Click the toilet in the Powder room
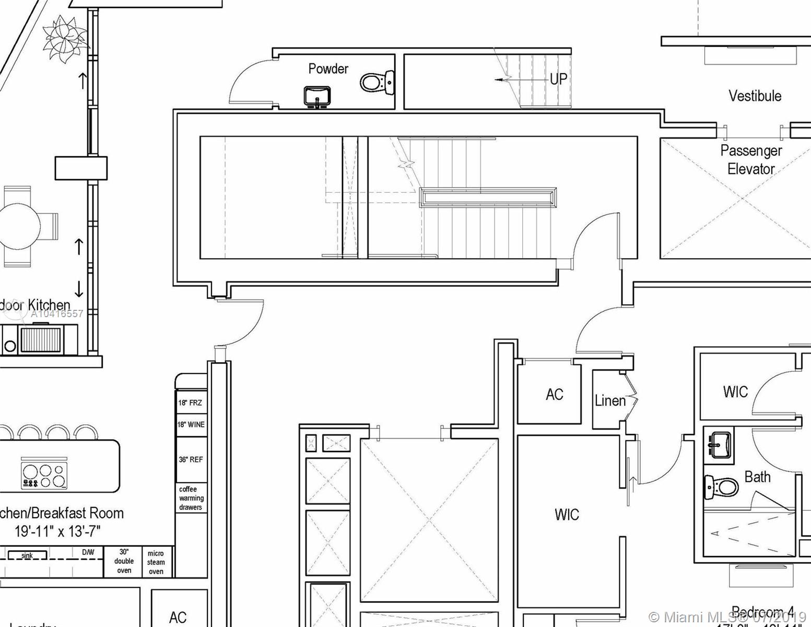[376, 83]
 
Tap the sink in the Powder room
[317, 96]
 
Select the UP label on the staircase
[558, 79]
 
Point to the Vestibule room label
[755, 96]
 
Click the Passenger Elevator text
[751, 160]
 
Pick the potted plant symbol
[66, 38]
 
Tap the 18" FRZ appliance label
[190, 403]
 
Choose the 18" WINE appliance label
[191, 424]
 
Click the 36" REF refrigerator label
[191, 460]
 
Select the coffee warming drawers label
[191, 498]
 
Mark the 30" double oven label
[124, 561]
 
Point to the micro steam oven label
[156, 562]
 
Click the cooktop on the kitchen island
[44, 474]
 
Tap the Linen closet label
[610, 401]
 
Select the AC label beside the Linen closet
[554, 394]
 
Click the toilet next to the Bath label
[721, 487]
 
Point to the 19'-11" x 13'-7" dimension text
[57, 531]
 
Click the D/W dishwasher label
[88, 552]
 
